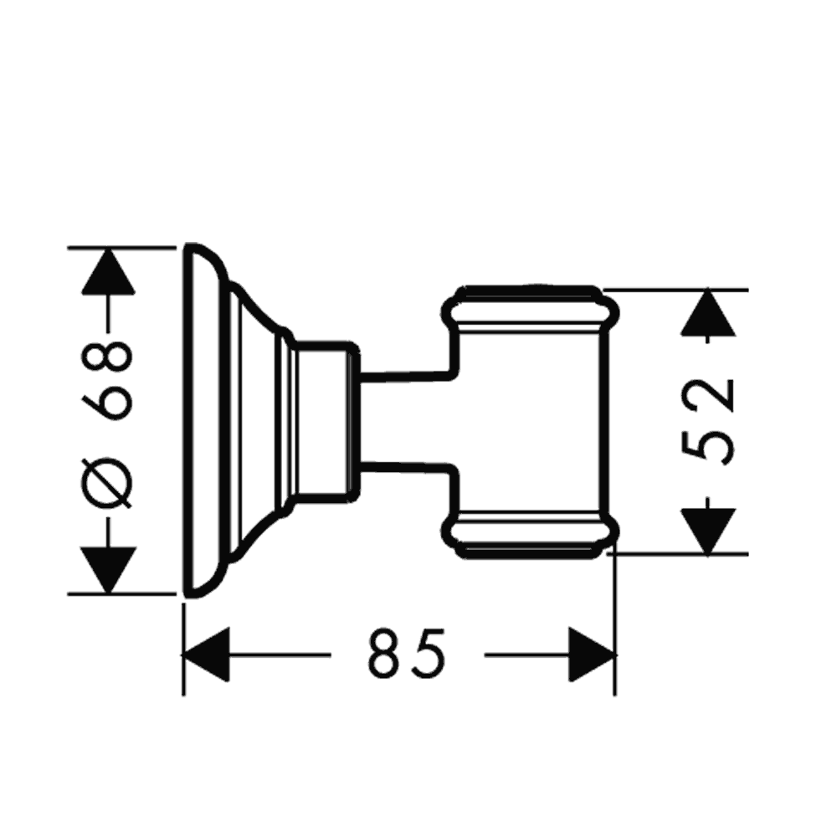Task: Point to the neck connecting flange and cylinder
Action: click(406, 418)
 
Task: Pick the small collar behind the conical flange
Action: click(326, 418)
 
